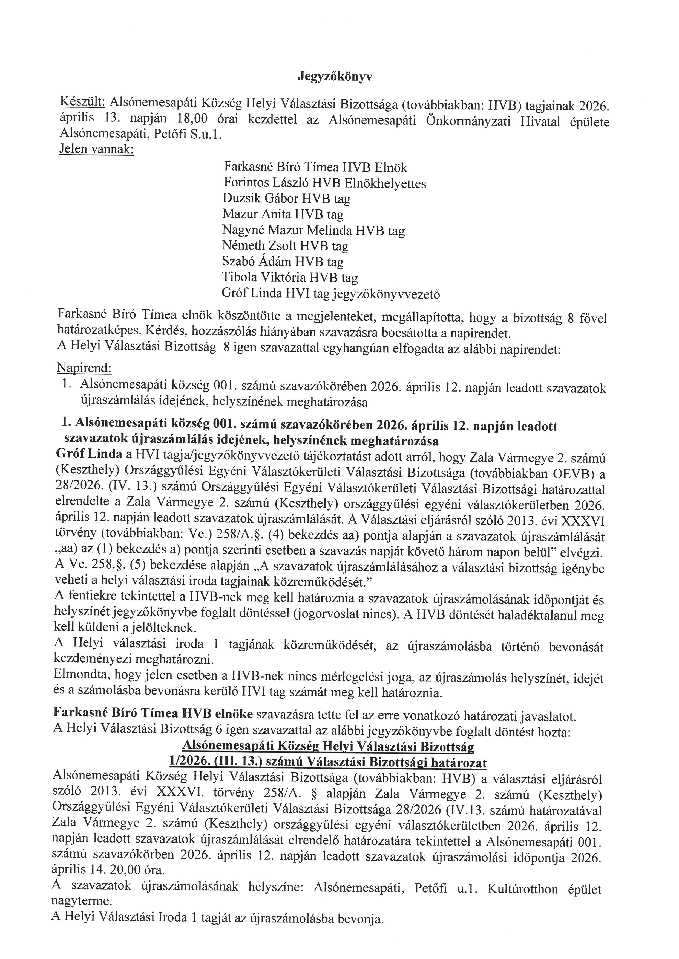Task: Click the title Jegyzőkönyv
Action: [335, 77]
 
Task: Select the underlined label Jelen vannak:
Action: [97, 149]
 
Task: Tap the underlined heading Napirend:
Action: [84, 368]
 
